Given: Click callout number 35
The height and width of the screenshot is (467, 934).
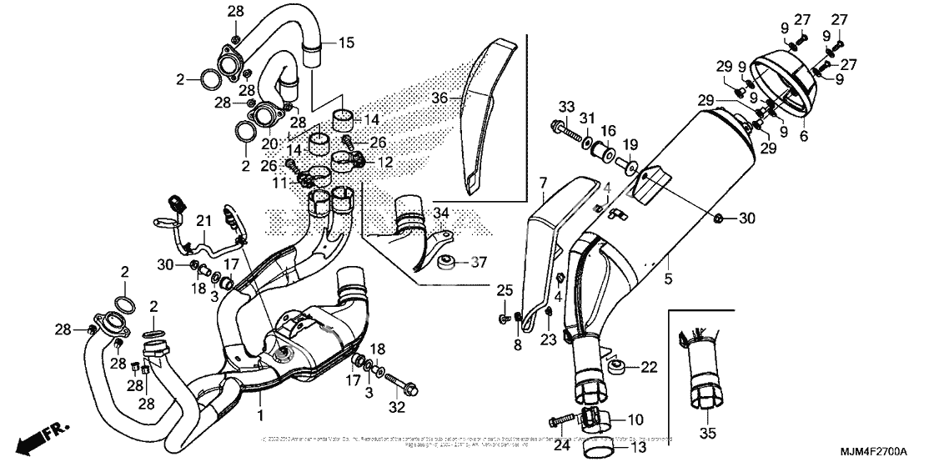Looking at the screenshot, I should coord(708,434).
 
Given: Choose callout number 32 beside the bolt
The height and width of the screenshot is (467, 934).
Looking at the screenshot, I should coord(542,182).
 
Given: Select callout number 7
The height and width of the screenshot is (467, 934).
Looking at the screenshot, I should coord(542,182).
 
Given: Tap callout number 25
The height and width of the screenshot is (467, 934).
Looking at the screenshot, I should coord(503,289).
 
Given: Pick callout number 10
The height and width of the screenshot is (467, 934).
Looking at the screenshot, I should coord(635,419).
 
